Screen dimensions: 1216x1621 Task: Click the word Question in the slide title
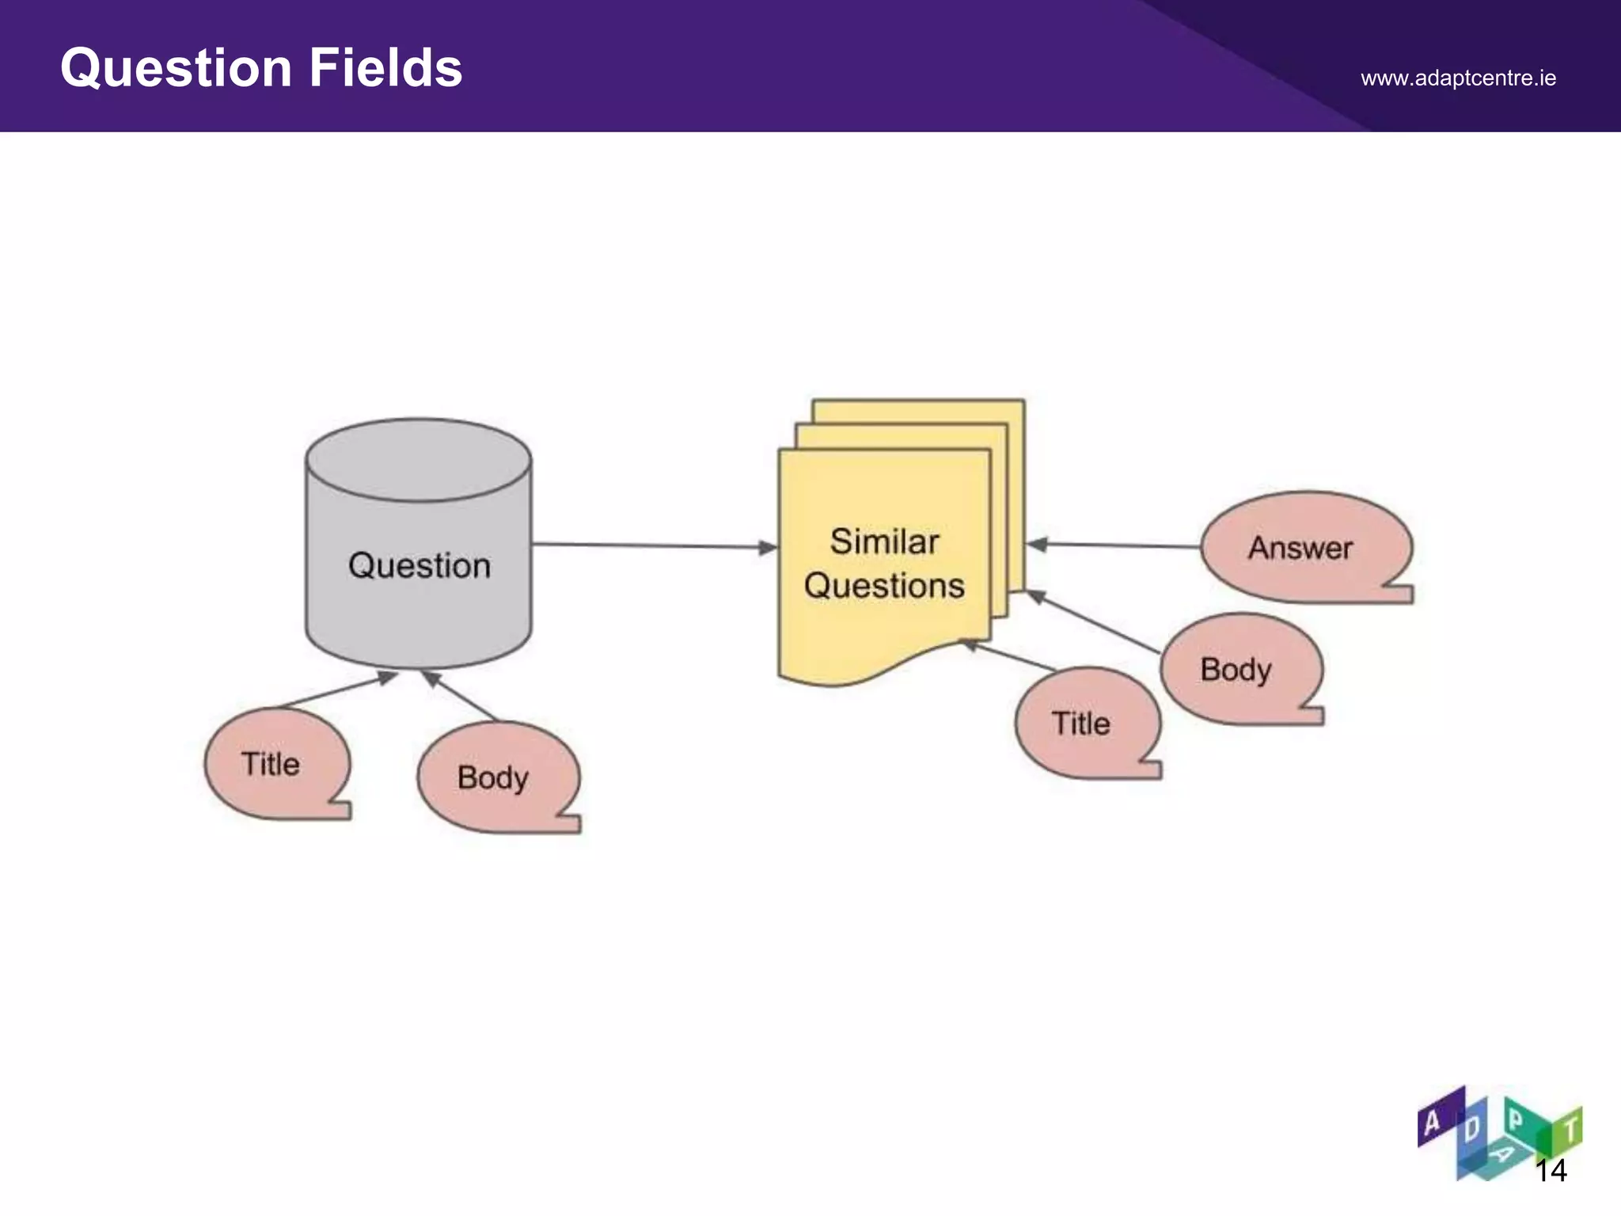click(x=177, y=68)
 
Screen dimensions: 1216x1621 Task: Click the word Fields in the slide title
click(x=385, y=68)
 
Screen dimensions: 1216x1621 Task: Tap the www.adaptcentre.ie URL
click(x=1458, y=78)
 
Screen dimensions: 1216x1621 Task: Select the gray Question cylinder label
click(x=419, y=566)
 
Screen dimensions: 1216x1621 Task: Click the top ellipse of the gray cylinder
click(x=418, y=459)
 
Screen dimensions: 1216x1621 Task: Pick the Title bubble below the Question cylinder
click(x=271, y=764)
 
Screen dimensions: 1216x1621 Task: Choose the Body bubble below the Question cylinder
click(x=493, y=777)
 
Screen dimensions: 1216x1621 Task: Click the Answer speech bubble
click(x=1300, y=548)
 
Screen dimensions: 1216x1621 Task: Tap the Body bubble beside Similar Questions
click(x=1236, y=670)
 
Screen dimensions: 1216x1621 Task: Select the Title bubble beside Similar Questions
click(x=1081, y=724)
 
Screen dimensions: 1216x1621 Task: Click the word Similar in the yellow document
click(x=884, y=542)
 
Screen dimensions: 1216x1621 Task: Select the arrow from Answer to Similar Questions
click(x=1116, y=545)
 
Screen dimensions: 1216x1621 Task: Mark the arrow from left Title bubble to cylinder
click(x=336, y=690)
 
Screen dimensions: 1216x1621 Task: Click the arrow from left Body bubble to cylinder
click(x=461, y=696)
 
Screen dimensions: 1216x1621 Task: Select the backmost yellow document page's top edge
click(x=918, y=401)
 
